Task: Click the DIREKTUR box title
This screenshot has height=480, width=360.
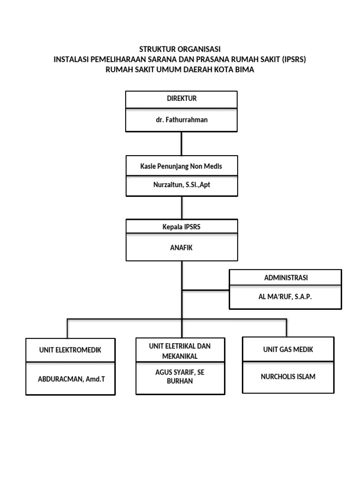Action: coord(181,98)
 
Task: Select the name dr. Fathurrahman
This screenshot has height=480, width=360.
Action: coord(182,120)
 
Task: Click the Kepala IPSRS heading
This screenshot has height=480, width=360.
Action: coord(181,227)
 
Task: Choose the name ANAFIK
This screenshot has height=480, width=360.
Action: coord(181,248)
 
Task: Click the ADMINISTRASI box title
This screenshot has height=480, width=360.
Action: coord(285,278)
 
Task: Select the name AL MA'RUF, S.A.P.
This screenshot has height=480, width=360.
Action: coord(285,297)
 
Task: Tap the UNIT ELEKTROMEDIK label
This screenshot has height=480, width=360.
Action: coord(70,350)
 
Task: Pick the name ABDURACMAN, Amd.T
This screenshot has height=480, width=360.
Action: coord(71,378)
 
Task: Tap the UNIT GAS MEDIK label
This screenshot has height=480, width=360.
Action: coord(288,349)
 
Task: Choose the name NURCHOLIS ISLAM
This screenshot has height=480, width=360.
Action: coord(288,376)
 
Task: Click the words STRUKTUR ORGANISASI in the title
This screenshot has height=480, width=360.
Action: coord(180,49)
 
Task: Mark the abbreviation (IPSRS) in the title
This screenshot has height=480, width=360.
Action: coord(294,60)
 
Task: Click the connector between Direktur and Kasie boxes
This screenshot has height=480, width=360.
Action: coord(181,144)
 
